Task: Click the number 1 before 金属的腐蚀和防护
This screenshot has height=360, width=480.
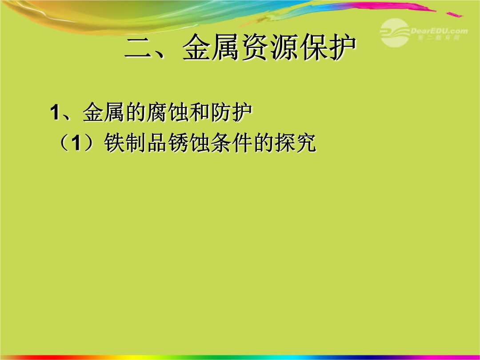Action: point(55,112)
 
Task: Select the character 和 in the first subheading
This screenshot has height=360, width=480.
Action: point(200,112)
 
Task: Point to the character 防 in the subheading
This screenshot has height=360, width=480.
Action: point(221,112)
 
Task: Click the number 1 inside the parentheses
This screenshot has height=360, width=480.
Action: point(77,143)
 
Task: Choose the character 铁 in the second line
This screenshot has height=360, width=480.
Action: point(115,143)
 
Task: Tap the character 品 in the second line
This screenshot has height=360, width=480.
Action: point(157,143)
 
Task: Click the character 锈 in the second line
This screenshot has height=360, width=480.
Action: point(178,143)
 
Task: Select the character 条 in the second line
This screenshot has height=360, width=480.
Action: point(221,143)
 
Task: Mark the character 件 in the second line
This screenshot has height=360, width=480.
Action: point(242,143)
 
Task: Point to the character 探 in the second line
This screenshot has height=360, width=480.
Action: point(285,143)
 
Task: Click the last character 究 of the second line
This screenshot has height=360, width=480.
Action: point(306,143)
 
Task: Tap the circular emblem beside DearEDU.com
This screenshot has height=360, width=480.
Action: point(395,32)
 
